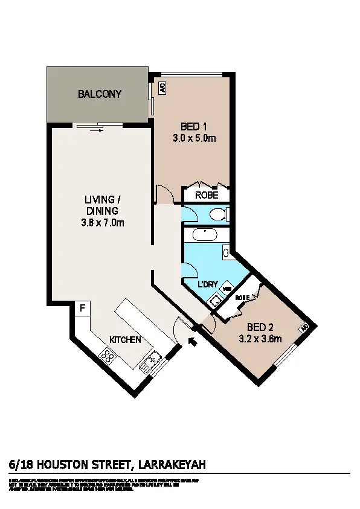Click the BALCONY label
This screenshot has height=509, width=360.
tap(100, 94)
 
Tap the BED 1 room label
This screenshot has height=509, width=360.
tap(194, 127)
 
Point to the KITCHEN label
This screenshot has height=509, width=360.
tap(125, 340)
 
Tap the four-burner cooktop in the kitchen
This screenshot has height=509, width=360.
tap(109, 357)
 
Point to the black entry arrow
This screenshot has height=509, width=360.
tap(193, 342)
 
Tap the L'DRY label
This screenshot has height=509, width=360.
tap(208, 284)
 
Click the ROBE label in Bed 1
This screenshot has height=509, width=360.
tap(205, 196)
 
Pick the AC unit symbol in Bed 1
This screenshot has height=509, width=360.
tap(162, 88)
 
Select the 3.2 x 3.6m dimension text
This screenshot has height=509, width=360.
tap(260, 339)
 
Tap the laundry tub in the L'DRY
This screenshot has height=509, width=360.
tap(214, 298)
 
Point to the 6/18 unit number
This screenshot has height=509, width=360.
tap(22, 464)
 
